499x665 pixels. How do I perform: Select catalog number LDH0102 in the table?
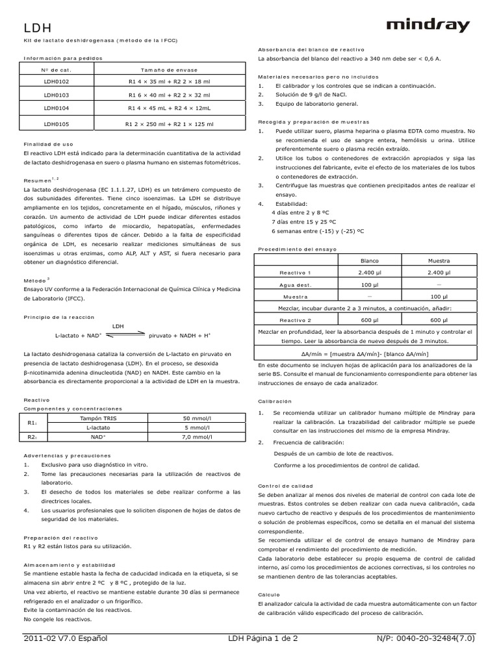[x=56, y=81]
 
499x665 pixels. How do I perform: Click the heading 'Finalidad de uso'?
[x=44, y=144]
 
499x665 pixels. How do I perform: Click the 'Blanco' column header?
[x=368, y=260]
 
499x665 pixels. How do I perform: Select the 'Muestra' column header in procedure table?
[x=439, y=260]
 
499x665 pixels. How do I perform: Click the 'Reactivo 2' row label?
[x=295, y=320]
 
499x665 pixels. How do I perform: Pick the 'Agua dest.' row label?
[x=295, y=284]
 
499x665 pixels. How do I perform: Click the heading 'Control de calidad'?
[x=285, y=485]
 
